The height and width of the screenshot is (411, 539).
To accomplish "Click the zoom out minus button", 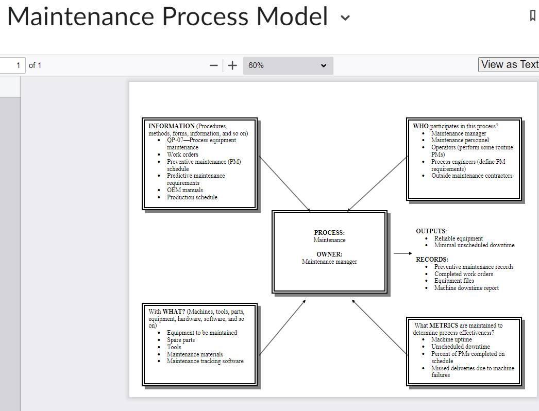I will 214,65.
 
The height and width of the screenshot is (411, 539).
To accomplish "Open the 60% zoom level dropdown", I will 288,65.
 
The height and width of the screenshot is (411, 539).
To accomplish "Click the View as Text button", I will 509,64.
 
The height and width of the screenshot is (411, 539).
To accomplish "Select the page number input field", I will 12,65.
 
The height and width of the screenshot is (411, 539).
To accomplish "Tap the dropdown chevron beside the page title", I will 345,18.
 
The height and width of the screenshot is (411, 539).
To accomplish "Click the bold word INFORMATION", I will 172,126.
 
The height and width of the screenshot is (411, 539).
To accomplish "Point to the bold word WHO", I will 420,126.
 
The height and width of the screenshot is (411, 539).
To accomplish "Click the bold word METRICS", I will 444,326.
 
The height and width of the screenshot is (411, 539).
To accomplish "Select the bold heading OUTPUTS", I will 431,231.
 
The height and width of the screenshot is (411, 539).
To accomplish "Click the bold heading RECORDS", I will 432,260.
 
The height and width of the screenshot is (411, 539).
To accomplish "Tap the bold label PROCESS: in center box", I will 329,233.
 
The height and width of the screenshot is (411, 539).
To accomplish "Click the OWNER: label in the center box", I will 329,254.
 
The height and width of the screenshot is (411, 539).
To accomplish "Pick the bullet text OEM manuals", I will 185,190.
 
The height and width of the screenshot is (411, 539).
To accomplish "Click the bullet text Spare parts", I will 181,340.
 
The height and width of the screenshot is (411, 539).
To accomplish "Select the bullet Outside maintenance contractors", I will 471,176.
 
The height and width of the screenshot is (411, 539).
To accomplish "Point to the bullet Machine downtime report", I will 466,288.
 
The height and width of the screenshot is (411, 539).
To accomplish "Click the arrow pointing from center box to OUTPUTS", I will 402,253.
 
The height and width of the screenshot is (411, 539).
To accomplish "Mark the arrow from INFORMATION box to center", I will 284,183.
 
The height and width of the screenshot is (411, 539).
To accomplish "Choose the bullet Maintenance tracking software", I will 205,361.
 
